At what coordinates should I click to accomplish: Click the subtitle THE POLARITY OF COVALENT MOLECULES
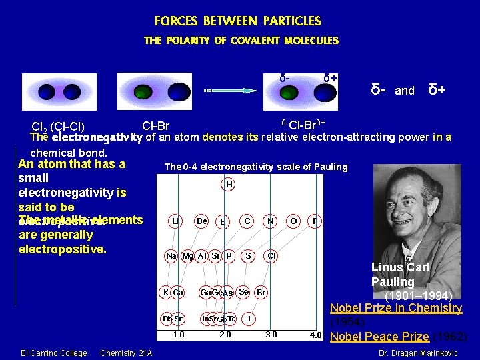241,41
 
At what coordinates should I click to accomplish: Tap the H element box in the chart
229,183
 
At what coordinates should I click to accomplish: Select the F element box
315,220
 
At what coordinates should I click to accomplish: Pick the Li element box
175,220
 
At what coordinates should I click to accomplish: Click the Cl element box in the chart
272,255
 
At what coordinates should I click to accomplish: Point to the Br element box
261,292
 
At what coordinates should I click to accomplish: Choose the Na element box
172,255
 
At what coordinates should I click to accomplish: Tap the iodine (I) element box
249,318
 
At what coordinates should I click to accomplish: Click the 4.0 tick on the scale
315,335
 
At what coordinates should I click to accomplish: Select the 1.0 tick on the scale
179,335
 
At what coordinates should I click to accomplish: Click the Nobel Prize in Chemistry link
396,308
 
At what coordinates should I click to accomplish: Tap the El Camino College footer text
54,353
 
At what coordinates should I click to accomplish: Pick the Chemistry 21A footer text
125,353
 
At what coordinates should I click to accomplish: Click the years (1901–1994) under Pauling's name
419,295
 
